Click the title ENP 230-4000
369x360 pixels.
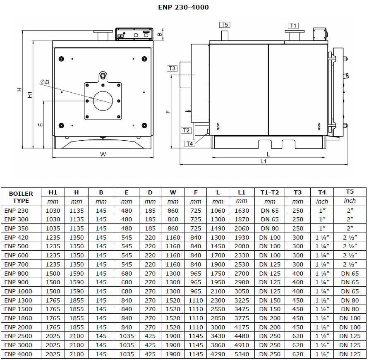[x=183, y=7]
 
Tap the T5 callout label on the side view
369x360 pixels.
[x=225, y=25]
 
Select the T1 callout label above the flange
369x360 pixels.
[x=293, y=26]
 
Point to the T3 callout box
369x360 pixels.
[x=172, y=68]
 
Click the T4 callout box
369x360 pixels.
[x=190, y=144]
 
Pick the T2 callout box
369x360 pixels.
[x=186, y=130]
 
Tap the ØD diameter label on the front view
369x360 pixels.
[x=45, y=82]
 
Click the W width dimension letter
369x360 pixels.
[x=103, y=154]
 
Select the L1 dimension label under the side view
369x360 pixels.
[x=263, y=161]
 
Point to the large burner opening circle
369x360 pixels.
[x=103, y=91]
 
